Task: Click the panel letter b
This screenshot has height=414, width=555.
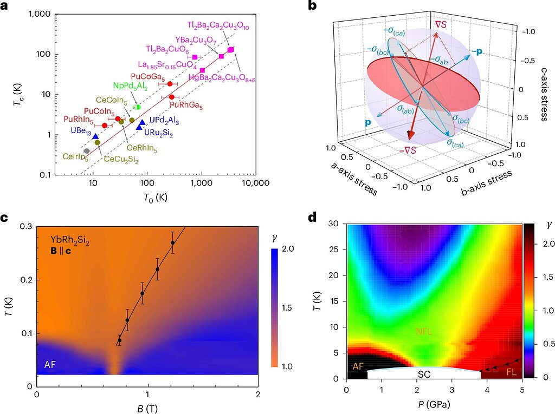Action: click(x=312, y=6)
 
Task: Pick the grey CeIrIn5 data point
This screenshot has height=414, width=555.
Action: click(x=87, y=151)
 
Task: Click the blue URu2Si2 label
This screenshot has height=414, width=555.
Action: click(x=158, y=134)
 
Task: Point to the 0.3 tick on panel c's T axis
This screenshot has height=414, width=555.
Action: click(x=25, y=226)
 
